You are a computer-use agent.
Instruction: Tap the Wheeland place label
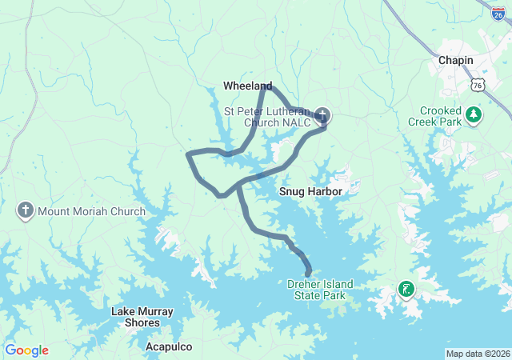(247, 86)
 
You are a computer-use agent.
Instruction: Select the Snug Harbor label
(310, 192)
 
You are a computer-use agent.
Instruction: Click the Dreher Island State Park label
(320, 290)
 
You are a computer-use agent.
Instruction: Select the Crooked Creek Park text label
(442, 117)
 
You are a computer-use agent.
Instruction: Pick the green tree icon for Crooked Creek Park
(474, 115)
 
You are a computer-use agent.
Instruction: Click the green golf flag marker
(407, 289)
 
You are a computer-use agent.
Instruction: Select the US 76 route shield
(478, 85)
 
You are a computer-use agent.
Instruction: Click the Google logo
(26, 350)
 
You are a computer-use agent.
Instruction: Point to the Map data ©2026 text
(477, 354)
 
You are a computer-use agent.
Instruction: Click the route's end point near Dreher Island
(308, 274)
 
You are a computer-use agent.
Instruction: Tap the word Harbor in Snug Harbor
(324, 192)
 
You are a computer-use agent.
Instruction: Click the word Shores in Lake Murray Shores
(142, 322)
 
